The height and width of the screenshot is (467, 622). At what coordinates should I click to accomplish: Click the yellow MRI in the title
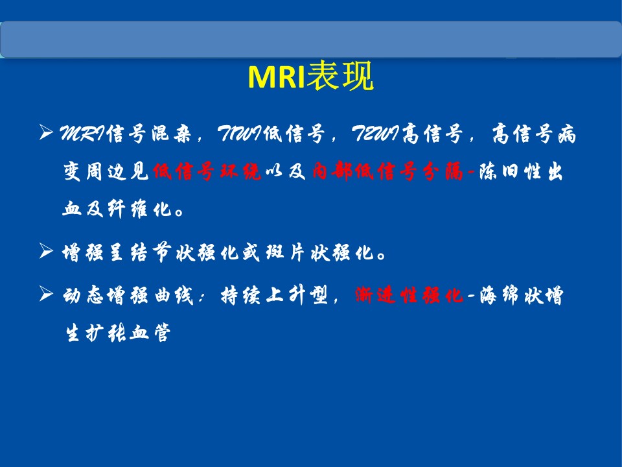pos(277,77)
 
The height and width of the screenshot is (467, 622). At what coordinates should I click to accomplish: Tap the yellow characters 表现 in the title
pos(340,76)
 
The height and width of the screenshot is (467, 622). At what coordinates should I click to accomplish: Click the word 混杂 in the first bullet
pos(171,133)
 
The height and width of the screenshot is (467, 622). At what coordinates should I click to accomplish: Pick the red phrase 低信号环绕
pos(207,171)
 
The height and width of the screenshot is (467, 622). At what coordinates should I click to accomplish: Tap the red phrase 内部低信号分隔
pos(387,171)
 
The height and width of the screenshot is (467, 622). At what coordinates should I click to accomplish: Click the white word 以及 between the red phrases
pos(286,171)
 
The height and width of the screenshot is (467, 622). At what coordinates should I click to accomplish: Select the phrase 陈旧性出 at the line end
pos(521,171)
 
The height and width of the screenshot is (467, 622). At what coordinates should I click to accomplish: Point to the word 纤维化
pos(139,209)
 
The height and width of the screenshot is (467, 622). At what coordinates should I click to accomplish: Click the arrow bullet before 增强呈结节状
pos(46,251)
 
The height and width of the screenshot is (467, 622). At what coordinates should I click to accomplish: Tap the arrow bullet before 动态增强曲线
pos(46,294)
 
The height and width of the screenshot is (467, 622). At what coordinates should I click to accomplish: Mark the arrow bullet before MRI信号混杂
pos(46,132)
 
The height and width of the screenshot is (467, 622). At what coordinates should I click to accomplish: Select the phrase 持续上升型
pos(275,296)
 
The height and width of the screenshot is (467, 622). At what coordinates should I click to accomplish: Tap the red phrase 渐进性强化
pos(409,296)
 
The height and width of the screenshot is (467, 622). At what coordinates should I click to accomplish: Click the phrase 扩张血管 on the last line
pos(128,333)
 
